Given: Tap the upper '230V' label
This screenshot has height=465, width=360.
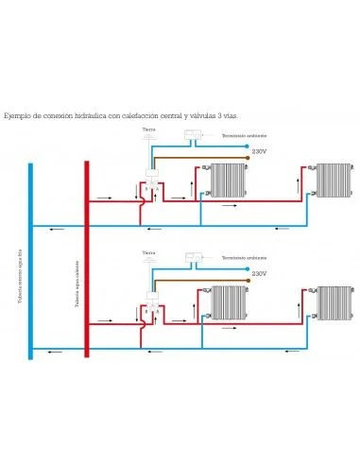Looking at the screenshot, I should pyautogui.click(x=259, y=150).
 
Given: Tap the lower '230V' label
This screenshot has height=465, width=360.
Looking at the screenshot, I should pyautogui.click(x=259, y=272).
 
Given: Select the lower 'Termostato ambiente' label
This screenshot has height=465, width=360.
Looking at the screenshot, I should pyautogui.click(x=240, y=257).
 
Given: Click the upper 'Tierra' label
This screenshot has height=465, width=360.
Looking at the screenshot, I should pyautogui.click(x=147, y=129).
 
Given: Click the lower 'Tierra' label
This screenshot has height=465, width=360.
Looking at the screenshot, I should pyautogui.click(x=147, y=252).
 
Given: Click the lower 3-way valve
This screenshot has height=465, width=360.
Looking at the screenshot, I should pyautogui.click(x=150, y=308).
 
